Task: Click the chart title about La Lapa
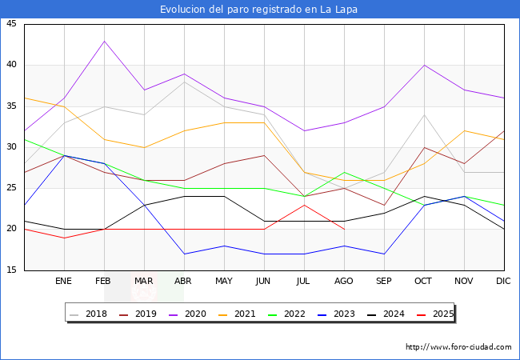[259, 10]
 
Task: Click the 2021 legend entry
[256, 314]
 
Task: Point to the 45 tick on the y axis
[11, 24]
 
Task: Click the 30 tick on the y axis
[11, 147]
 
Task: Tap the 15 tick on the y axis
[11, 270]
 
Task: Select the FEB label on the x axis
[103, 282]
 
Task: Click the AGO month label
[344, 282]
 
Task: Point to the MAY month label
[224, 282]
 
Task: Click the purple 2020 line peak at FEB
[104, 41]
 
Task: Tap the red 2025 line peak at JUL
[304, 205]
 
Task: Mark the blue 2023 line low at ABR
[184, 254]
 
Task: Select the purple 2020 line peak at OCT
[424, 66]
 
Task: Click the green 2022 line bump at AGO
[344, 172]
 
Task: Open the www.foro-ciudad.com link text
[458, 347]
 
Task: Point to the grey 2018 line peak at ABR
[184, 82]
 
